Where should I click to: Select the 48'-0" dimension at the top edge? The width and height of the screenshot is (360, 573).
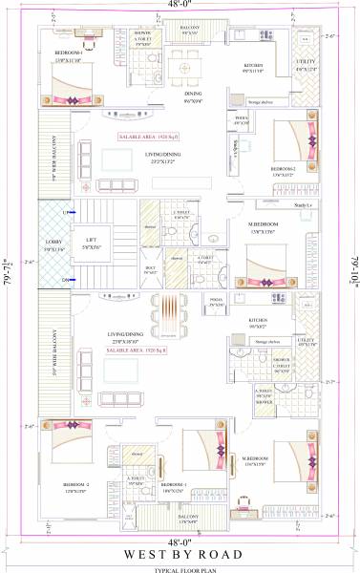[x=180, y=5]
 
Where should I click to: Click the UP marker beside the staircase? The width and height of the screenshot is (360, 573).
[x=66, y=212]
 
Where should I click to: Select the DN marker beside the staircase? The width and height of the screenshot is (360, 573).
[x=66, y=280]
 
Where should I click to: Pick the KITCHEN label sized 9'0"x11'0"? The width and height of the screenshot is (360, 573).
[x=252, y=69]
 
